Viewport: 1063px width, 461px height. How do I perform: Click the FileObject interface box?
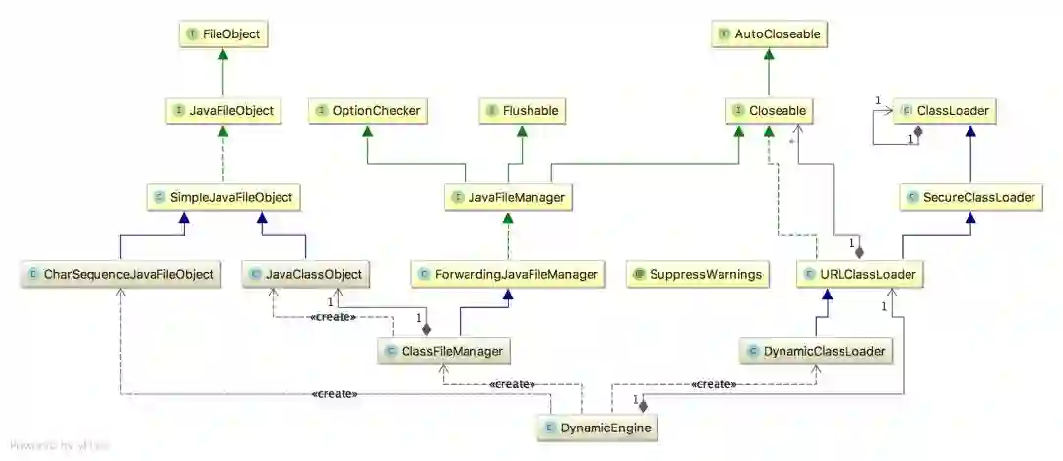(x=223, y=35)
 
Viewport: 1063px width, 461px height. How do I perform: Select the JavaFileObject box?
(x=223, y=111)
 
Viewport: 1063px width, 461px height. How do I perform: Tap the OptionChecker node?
(x=367, y=111)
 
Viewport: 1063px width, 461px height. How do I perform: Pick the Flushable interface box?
(x=525, y=111)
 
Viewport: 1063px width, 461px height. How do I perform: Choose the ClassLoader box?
(x=944, y=111)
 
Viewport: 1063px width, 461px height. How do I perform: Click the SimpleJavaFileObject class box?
(x=222, y=198)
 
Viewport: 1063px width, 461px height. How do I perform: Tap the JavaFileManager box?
(x=508, y=198)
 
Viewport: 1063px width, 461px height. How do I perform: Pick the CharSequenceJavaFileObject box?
(x=121, y=274)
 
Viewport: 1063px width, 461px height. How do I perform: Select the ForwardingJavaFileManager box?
(x=508, y=274)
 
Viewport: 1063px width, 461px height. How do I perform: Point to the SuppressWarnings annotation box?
(x=698, y=274)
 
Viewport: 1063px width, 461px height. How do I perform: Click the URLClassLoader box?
(x=860, y=274)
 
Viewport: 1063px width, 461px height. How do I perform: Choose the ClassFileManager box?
(x=445, y=351)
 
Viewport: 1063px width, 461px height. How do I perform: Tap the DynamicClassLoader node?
(x=816, y=351)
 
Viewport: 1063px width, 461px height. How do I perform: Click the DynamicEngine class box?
(x=595, y=428)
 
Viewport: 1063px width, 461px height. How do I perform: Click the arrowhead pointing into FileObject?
(x=223, y=56)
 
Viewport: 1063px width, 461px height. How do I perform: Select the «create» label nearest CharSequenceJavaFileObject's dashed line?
(x=334, y=394)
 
